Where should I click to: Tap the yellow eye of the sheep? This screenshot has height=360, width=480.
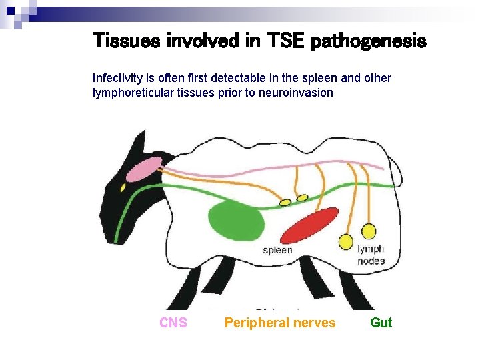click(x=123, y=188)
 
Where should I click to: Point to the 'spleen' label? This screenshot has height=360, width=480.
click(x=277, y=250)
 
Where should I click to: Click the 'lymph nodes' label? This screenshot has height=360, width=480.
click(x=371, y=255)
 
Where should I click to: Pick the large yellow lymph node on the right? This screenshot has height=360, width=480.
click(x=368, y=231)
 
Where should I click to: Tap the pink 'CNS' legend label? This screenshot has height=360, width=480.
click(x=173, y=323)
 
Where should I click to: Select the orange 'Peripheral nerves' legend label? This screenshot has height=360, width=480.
click(x=280, y=323)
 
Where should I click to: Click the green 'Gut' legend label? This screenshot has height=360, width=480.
click(x=381, y=323)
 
